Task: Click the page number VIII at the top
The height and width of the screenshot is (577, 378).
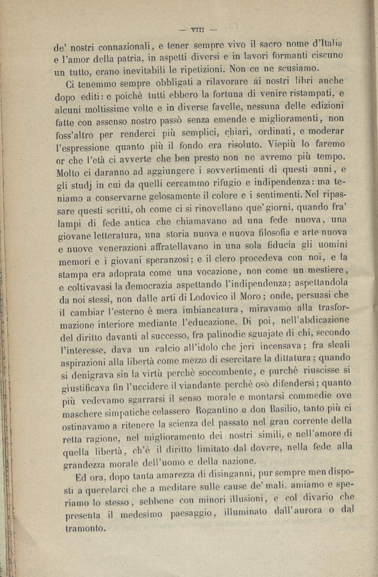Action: [x=198, y=30]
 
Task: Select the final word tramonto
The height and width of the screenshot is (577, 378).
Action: [x=86, y=528]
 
